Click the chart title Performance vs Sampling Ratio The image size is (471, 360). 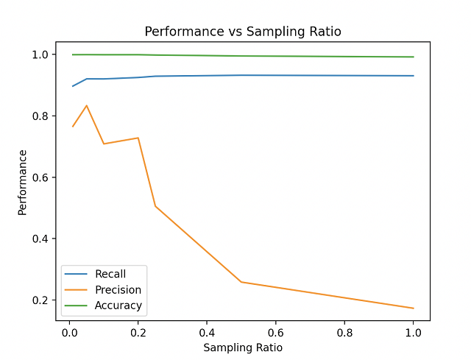[242, 32]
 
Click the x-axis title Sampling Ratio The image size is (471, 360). [242, 347]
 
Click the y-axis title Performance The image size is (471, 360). [23, 182]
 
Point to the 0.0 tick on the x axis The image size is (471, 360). [69, 332]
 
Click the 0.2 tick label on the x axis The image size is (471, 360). [138, 332]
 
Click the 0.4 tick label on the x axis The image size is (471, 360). [207, 332]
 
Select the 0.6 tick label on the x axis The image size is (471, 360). [276, 332]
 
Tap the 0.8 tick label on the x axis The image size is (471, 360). [344, 332]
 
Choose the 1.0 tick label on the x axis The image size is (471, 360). [414, 332]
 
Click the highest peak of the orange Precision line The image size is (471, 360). [87, 105]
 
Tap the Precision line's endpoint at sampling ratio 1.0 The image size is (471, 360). [414, 308]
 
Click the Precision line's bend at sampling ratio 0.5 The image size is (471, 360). [241, 282]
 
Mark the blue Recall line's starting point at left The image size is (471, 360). [73, 86]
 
